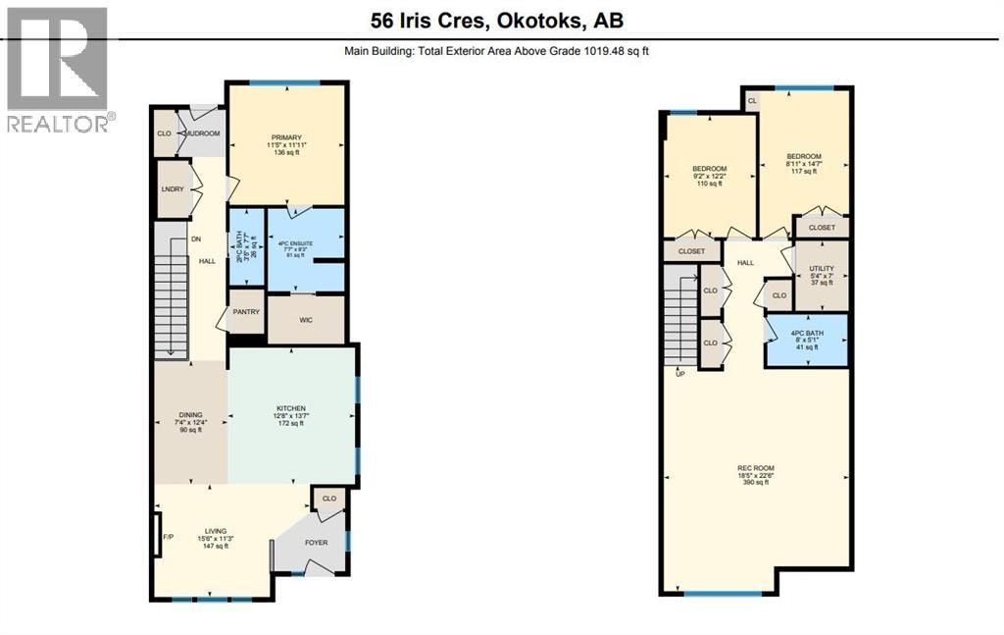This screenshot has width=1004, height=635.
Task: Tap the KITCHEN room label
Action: click(x=291, y=408)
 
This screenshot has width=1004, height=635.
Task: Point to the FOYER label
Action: click(x=317, y=542)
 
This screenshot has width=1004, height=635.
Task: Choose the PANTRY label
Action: click(x=245, y=312)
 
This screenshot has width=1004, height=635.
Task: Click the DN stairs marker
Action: click(x=196, y=238)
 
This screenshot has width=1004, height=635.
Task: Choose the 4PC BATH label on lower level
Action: click(x=806, y=333)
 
